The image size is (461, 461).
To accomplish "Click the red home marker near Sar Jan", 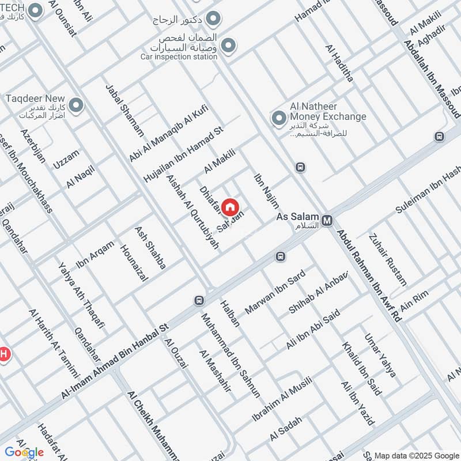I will tap(230, 207).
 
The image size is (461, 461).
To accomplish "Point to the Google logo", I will tap(24, 452).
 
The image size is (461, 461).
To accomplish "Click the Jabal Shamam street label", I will tap(124, 110).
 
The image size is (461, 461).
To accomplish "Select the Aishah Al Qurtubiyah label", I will tap(192, 211).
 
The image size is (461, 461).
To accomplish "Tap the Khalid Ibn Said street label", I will tap(361, 369).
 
